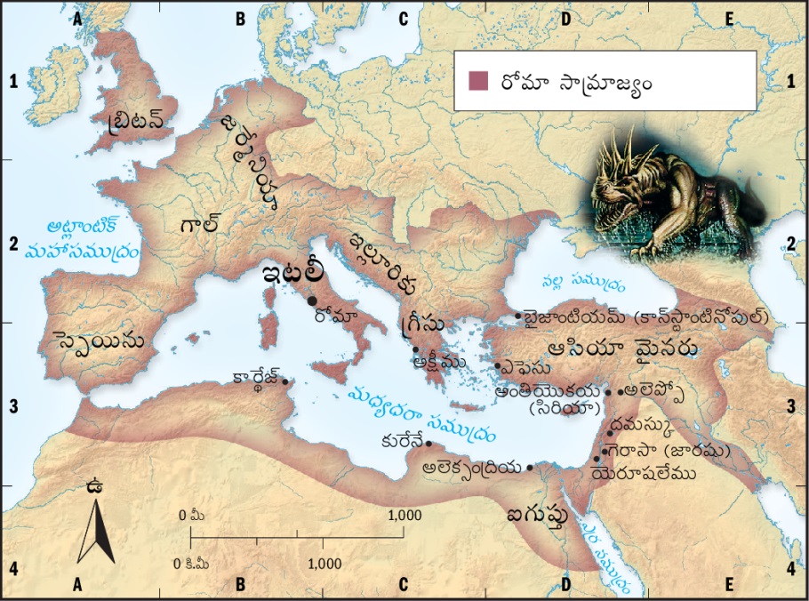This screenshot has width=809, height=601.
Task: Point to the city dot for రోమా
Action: (312, 300)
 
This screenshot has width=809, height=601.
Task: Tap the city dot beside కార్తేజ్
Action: (284, 382)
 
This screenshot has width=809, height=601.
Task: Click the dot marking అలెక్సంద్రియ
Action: (531, 468)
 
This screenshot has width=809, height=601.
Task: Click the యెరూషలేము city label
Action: (644, 475)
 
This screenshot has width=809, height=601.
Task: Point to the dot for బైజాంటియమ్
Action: (518, 317)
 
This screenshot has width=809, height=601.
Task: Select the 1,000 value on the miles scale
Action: (404, 516)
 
